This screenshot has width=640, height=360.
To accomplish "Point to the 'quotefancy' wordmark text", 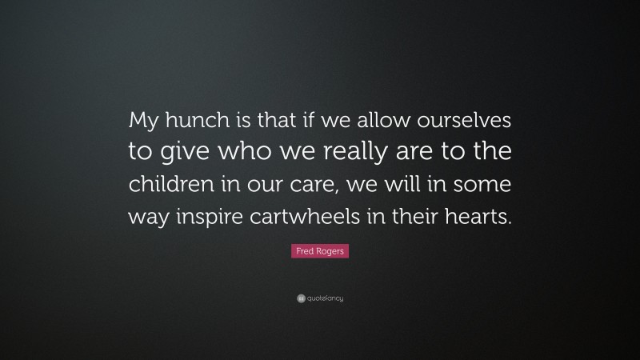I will coord(326,298).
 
